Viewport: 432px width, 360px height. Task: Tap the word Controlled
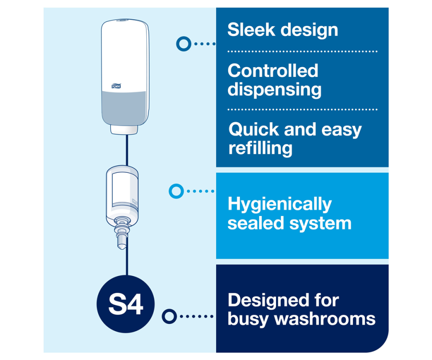[x=273, y=71]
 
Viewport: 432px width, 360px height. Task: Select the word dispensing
[x=275, y=90]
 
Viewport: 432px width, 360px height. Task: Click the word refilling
[x=260, y=148]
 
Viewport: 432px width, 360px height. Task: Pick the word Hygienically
[x=280, y=204]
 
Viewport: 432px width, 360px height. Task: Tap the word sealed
[x=256, y=223]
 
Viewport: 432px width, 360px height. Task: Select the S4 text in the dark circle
[x=126, y=304]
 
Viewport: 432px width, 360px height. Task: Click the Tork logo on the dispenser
[x=116, y=86]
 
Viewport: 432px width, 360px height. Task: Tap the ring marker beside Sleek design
[x=184, y=44]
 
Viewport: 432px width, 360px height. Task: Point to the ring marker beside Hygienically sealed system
[x=176, y=191]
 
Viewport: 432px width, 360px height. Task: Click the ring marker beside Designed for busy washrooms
[x=169, y=316]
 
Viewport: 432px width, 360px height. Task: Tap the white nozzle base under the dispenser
[x=124, y=130]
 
